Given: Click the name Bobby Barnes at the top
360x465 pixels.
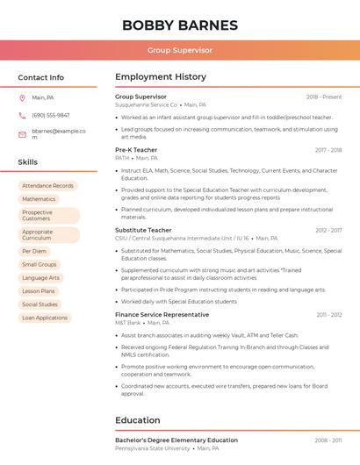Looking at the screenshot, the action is pos(180,25).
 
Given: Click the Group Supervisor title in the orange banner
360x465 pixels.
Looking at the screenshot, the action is pos(180,50).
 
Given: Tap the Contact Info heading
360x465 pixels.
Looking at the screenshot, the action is pos(40,77).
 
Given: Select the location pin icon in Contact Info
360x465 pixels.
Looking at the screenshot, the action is pos(22,97).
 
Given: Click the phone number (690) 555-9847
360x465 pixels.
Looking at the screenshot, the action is pos(50,115).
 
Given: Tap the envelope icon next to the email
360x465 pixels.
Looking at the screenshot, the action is pos(22,134).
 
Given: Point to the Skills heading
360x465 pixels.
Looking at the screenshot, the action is pos(28,162).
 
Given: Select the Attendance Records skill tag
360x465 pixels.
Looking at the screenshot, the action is pos(47,186).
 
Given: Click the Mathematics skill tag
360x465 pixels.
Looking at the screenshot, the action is pos(39,199).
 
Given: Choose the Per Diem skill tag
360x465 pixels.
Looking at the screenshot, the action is pos(34,251).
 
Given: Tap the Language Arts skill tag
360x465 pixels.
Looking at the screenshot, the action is pos(41,277).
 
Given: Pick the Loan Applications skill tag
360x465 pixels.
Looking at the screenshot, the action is pos(45,318).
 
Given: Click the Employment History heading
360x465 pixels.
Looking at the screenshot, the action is pos(160,77).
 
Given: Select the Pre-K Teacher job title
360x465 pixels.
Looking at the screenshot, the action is pos(136,150).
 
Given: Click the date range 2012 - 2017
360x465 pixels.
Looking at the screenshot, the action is pos(328,230).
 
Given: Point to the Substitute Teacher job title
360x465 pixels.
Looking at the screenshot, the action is pos(143,230).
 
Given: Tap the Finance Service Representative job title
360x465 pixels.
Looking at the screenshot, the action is pos(162,314).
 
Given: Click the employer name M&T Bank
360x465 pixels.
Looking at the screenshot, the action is pos(127,322).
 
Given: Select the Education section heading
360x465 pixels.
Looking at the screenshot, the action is pos(137,420).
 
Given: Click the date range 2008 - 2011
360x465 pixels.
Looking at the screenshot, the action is pos(328,440).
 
